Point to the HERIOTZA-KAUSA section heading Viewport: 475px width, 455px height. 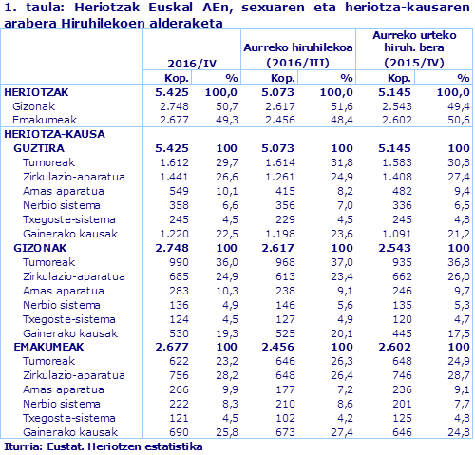pos(47,134)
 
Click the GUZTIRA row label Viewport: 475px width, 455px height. pos(40,149)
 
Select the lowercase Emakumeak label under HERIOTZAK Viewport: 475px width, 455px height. pos(44,120)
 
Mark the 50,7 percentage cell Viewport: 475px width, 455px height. pos(225,106)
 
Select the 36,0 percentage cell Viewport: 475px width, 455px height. pos(225,260)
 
